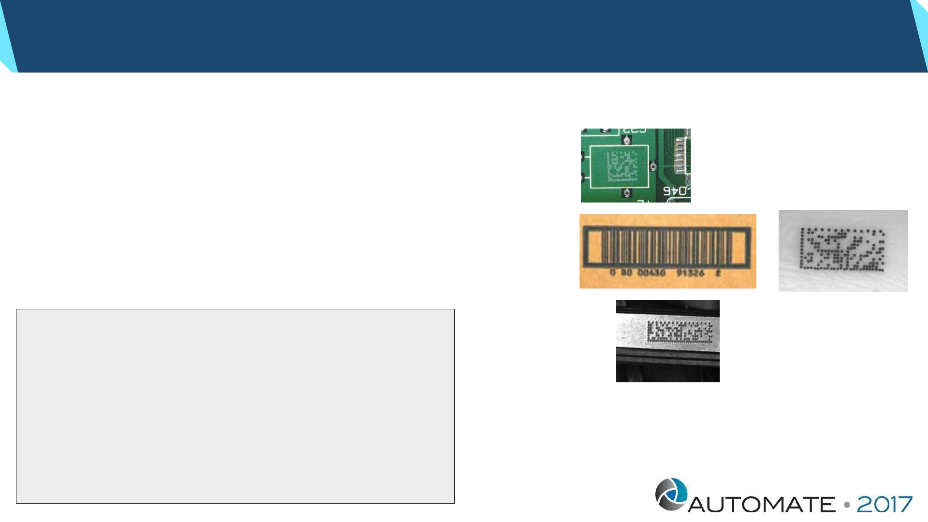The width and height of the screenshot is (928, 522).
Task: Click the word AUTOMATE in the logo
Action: (761, 505)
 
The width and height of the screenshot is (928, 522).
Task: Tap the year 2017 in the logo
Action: (884, 505)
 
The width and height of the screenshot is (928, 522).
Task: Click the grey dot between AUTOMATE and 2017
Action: (847, 505)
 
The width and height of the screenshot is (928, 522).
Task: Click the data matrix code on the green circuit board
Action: (622, 166)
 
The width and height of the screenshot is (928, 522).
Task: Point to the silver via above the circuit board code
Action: (627, 141)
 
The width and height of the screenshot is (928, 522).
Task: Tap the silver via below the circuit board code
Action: (627, 193)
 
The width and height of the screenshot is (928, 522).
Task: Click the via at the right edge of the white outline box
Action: (653, 166)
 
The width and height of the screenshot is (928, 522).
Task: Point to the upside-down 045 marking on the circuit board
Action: (675, 191)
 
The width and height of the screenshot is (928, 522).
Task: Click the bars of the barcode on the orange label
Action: (667, 247)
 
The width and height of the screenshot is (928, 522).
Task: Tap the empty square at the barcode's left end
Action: (594, 247)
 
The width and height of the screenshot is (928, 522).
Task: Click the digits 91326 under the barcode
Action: (690, 273)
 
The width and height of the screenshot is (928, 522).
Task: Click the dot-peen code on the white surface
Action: (842, 249)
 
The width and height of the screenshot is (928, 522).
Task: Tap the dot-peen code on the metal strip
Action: (680, 332)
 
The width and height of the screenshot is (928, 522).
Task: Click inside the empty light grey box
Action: (235, 406)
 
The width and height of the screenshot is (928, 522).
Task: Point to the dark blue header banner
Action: (464, 36)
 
